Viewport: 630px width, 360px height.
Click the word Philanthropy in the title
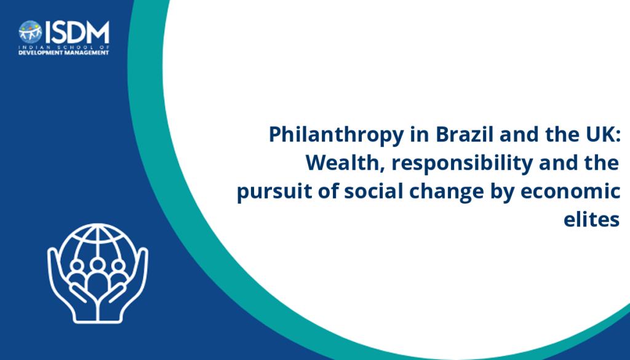click(337, 135)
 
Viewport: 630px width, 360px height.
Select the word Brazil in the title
click(465, 134)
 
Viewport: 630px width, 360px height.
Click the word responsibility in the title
click(462, 164)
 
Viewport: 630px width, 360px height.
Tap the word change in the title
click(447, 192)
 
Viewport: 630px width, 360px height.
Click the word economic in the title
click(570, 191)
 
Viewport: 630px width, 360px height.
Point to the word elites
click(591, 219)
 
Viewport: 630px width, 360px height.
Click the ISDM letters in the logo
click(77, 32)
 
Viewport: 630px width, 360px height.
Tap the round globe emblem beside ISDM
click(30, 32)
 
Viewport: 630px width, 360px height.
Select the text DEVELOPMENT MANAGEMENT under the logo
click(64, 53)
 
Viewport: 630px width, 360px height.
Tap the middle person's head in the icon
click(97, 265)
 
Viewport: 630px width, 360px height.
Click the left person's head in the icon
click(77, 266)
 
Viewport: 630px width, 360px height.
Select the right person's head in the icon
click(118, 266)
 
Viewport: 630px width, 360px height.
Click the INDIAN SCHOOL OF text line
click(64, 47)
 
